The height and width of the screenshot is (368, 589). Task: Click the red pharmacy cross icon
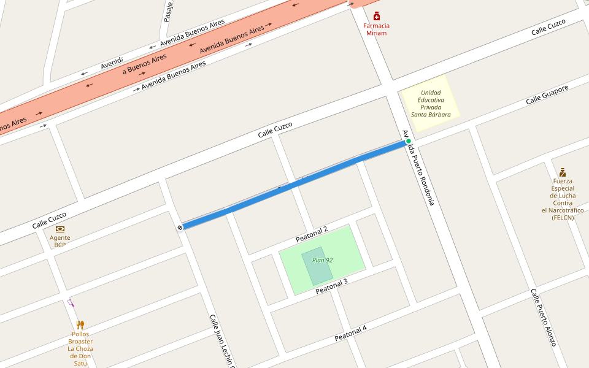(377, 17)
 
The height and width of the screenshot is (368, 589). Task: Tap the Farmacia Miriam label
(376, 29)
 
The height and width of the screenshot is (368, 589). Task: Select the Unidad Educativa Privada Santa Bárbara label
(431, 104)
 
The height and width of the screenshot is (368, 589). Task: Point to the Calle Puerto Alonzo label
(544, 317)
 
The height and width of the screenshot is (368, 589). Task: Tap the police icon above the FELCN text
(563, 172)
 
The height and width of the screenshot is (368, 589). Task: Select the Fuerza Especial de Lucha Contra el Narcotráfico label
(563, 199)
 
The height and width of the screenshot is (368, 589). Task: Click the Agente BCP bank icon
(60, 229)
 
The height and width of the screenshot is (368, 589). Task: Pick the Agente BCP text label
(60, 241)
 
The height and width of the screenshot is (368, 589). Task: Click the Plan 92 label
(322, 260)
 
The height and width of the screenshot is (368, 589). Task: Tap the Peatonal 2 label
(312, 234)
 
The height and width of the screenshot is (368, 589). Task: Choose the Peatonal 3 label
(331, 286)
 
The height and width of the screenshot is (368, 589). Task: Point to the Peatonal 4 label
(350, 334)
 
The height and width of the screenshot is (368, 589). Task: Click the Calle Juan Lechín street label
(221, 341)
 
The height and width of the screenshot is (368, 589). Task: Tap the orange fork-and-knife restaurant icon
(80, 324)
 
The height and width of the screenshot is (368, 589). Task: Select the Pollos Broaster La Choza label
(80, 348)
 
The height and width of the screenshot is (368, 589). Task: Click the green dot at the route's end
(408, 141)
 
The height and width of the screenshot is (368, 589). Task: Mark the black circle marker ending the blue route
(180, 228)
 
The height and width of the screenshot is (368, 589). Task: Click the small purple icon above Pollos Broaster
(71, 302)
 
